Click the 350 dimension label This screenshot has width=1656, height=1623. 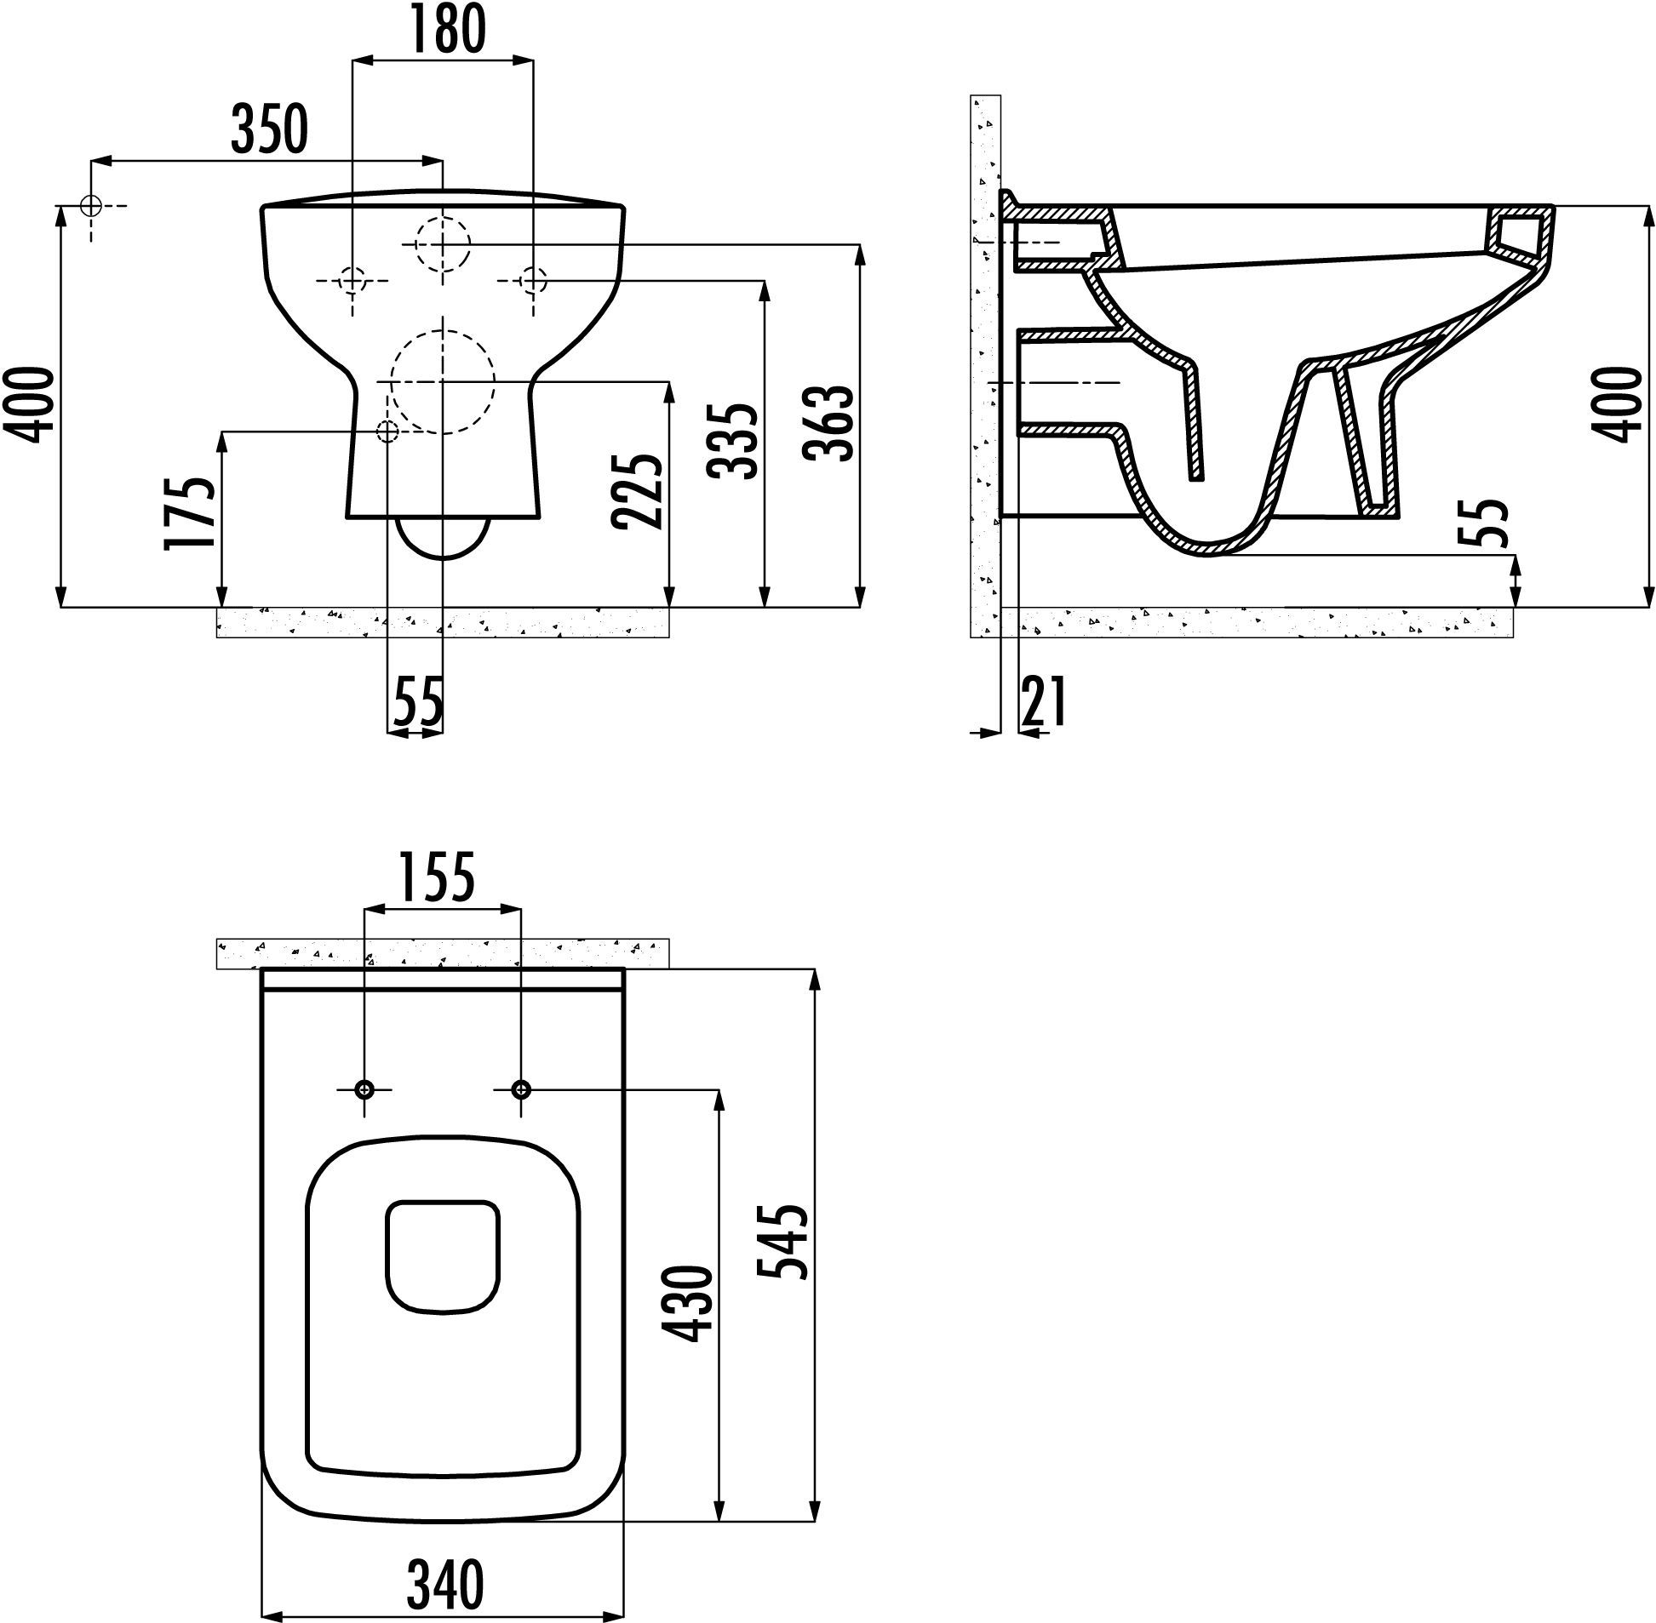(x=269, y=129)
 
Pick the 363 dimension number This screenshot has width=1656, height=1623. (x=832, y=424)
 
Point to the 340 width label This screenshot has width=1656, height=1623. (x=444, y=1584)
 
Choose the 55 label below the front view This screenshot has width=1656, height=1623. (x=419, y=701)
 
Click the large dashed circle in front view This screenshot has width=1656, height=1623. (x=443, y=381)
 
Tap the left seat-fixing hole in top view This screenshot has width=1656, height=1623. (x=365, y=1089)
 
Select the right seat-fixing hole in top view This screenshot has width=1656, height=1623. (x=521, y=1089)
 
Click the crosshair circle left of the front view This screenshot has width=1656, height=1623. (x=90, y=205)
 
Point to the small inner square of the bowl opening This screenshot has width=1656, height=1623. (x=443, y=1255)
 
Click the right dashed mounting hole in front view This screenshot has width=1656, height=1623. (x=533, y=280)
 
